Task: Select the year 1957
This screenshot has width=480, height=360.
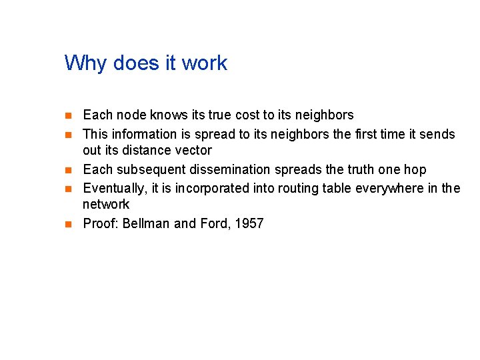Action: point(249,223)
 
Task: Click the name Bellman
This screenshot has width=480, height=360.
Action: point(146,223)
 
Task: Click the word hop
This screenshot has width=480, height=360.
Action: point(415,170)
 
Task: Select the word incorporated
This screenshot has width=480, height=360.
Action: point(218,188)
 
